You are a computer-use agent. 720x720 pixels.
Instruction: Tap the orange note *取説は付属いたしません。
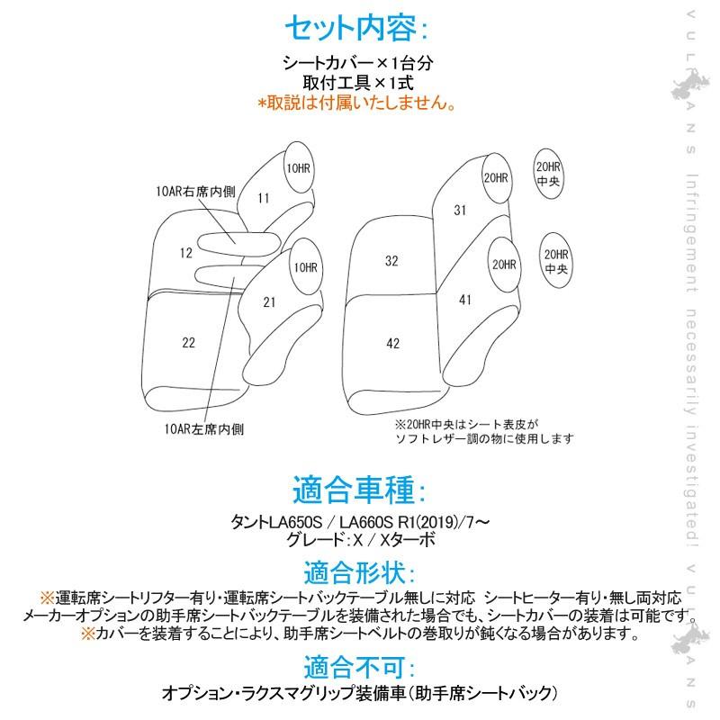click(x=356, y=102)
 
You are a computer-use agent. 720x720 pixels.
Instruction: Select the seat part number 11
click(x=264, y=198)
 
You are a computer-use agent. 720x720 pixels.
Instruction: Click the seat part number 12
click(x=186, y=253)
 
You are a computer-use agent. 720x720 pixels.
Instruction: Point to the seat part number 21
click(x=269, y=302)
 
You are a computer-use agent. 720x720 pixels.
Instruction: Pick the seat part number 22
click(x=188, y=343)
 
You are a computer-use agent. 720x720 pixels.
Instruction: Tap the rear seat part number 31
click(x=460, y=211)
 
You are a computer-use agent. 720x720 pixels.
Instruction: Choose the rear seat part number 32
click(x=391, y=261)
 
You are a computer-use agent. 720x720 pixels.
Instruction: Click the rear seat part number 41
click(x=465, y=300)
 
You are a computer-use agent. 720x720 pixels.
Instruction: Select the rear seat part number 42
click(x=393, y=344)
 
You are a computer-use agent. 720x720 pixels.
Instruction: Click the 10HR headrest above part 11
click(x=299, y=167)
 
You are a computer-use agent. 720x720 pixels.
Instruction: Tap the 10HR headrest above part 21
click(x=306, y=266)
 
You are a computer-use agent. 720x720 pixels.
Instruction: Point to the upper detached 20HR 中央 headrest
click(x=548, y=174)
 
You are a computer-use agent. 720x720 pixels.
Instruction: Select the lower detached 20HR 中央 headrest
click(x=556, y=261)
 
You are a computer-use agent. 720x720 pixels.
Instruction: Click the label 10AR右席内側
click(x=195, y=192)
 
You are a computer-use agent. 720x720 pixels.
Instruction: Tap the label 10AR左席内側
click(x=204, y=429)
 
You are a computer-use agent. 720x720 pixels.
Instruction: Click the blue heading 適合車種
click(x=358, y=490)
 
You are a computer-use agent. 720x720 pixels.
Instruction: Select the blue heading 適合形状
click(x=358, y=572)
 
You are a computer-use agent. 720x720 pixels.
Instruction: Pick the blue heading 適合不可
click(x=358, y=667)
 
